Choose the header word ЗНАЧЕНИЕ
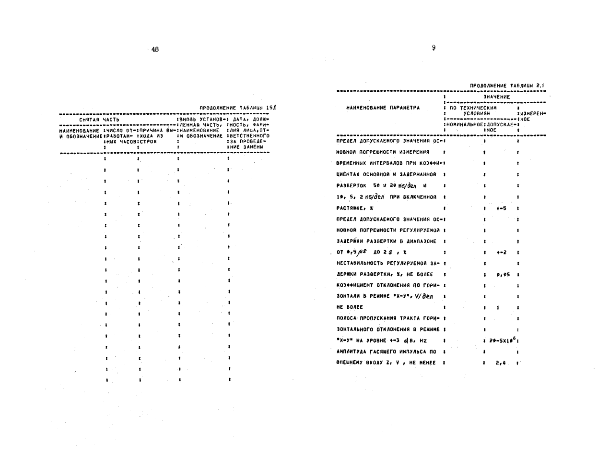[494, 97]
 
